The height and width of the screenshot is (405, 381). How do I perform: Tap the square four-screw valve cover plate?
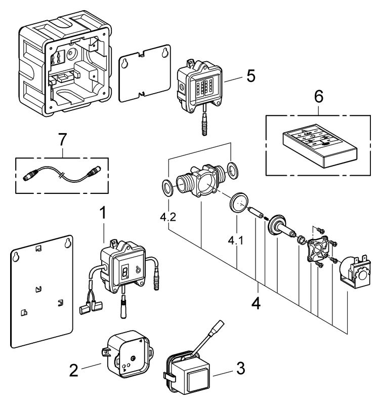coord(318,251)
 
